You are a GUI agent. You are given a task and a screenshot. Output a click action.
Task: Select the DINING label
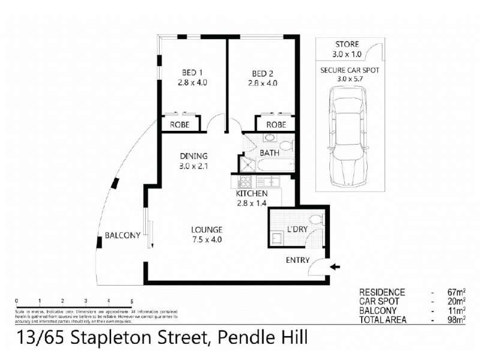pyautogui.click(x=192, y=155)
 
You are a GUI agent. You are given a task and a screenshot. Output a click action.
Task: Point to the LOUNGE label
pyautogui.click(x=207, y=230)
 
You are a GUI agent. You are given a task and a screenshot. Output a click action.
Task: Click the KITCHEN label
pyautogui.click(x=252, y=194)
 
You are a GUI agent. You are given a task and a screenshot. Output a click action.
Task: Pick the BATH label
pyautogui.click(x=269, y=153)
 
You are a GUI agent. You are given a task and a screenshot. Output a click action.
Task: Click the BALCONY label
pyautogui.click(x=122, y=235)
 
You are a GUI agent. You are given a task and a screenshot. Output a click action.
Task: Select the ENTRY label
pyautogui.click(x=298, y=260)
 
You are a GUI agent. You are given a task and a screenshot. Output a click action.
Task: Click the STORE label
pyautogui.click(x=347, y=44)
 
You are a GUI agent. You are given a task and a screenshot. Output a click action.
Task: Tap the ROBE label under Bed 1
pyautogui.click(x=180, y=125)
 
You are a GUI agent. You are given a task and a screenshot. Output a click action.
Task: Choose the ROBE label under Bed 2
pyautogui.click(x=276, y=125)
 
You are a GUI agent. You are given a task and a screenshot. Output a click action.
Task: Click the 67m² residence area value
pyautogui.click(x=458, y=292)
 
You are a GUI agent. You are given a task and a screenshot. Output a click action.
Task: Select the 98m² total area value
pyautogui.click(x=458, y=320)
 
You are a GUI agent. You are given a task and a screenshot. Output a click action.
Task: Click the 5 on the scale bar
pyautogui.click(x=131, y=301)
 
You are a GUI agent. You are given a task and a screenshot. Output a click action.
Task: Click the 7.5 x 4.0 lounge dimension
pyautogui.click(x=207, y=239)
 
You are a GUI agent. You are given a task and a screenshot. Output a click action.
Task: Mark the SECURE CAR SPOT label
pyautogui.click(x=350, y=70)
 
